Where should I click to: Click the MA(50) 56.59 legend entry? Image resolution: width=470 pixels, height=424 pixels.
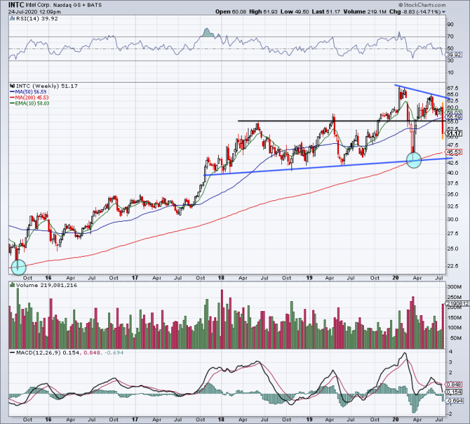pyautogui.click(x=30, y=93)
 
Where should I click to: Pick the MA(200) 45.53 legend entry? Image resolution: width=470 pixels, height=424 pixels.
pyautogui.click(x=32, y=98)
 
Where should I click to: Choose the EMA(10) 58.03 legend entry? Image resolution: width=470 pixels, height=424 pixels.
pyautogui.click(x=32, y=103)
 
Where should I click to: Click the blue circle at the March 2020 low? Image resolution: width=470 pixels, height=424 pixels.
pyautogui.click(x=414, y=160)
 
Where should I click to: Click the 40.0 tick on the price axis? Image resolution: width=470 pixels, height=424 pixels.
pyautogui.click(x=454, y=173)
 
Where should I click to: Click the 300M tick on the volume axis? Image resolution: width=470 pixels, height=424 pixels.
pyautogui.click(x=454, y=286)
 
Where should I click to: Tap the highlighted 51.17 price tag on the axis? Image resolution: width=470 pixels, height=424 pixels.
pyautogui.click(x=455, y=133)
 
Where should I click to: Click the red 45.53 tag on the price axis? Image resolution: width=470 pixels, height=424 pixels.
pyautogui.click(x=455, y=152)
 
